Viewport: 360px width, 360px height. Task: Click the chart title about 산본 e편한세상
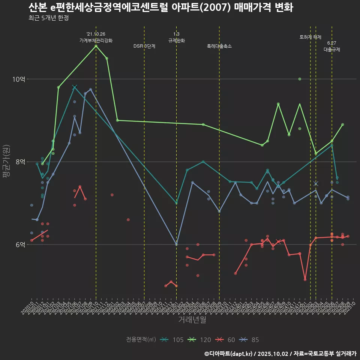pyautogui.click(x=160, y=7)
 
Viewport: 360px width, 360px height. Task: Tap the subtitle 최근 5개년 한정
pyautogui.click(x=48, y=18)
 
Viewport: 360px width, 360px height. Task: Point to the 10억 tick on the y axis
pyautogui.click(x=19, y=79)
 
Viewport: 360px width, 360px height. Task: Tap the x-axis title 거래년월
pyautogui.click(x=192, y=320)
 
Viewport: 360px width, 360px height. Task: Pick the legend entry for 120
pyautogui.click(x=201, y=340)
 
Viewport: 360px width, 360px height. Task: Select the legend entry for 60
pyautogui.click(x=226, y=340)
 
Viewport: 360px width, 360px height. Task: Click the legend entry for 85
pyautogui.click(x=250, y=340)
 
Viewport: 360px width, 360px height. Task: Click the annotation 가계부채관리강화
pyautogui.click(x=96, y=40)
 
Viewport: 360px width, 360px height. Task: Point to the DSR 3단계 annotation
pyautogui.click(x=144, y=46)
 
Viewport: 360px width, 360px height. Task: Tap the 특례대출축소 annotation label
pyautogui.click(x=219, y=46)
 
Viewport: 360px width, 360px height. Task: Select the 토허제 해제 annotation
pyautogui.click(x=310, y=37)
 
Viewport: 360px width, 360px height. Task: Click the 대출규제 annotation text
pyautogui.click(x=332, y=49)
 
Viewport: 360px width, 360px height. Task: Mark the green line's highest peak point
pyautogui.click(x=96, y=46)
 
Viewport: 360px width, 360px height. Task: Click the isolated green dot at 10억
pyautogui.click(x=300, y=79)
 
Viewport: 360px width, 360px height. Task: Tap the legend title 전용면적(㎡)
pyautogui.click(x=141, y=340)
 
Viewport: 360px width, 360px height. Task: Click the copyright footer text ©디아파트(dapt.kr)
pyautogui.click(x=228, y=354)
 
